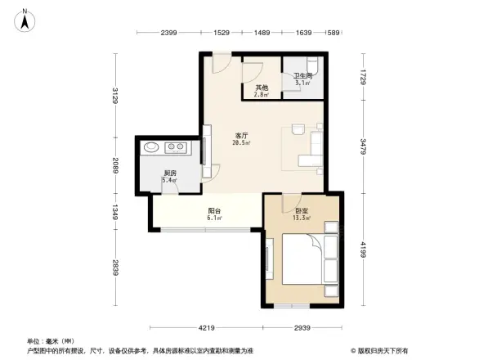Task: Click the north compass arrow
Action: pos(25,19)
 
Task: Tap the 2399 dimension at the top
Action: pos(169,33)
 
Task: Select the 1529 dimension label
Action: pos(222,33)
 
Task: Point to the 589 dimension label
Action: pos(333,33)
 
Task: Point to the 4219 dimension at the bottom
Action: pos(208,328)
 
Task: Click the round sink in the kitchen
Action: pos(150,148)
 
